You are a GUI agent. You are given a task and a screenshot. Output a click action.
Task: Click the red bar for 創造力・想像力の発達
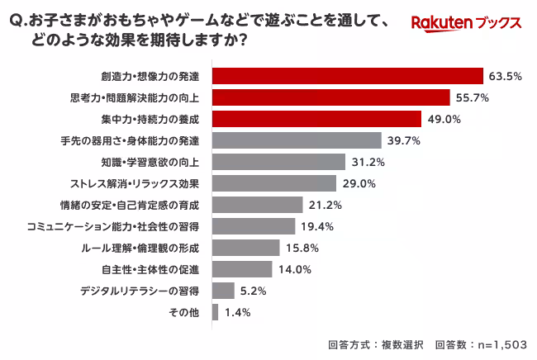(347, 76)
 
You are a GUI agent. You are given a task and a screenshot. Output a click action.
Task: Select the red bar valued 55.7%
(331, 97)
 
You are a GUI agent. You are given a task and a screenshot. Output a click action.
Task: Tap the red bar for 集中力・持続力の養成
(317, 119)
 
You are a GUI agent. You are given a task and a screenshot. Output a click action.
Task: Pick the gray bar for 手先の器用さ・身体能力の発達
(297, 140)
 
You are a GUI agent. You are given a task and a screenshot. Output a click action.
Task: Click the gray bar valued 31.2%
(278, 162)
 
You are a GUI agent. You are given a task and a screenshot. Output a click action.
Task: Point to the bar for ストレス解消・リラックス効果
(274, 183)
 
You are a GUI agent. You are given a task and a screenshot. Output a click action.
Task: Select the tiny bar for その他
(215, 312)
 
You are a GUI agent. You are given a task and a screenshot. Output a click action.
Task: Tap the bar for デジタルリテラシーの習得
(223, 291)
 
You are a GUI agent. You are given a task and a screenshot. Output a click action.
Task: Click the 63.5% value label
(505, 76)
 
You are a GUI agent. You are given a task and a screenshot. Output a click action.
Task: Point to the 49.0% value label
(443, 119)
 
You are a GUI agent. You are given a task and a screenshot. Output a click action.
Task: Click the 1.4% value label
(236, 312)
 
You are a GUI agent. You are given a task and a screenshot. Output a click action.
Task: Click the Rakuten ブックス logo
(466, 22)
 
